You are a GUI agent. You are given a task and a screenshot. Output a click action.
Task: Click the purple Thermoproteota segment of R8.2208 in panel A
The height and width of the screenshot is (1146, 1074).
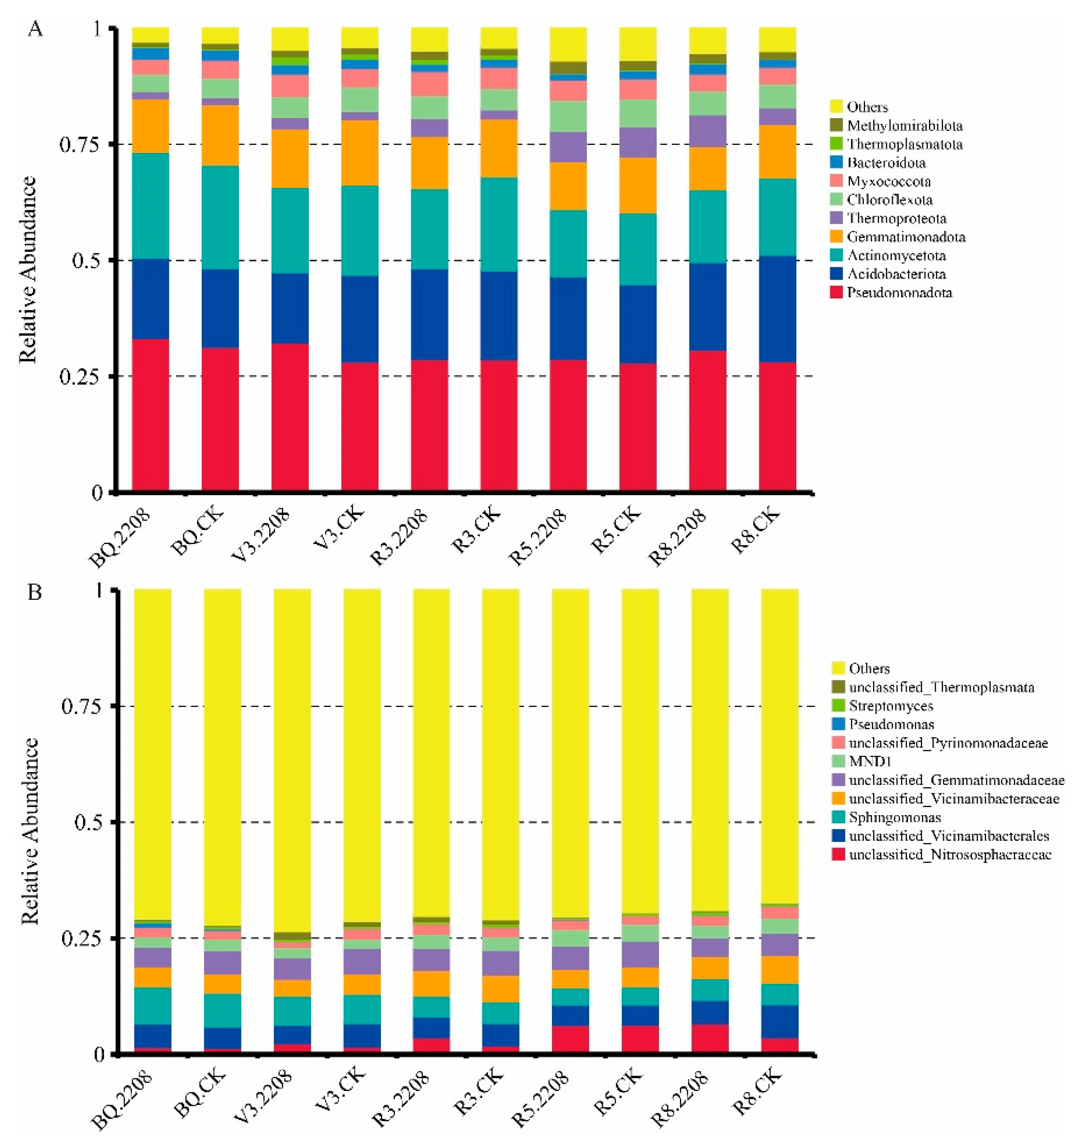pyautogui.click(x=707, y=131)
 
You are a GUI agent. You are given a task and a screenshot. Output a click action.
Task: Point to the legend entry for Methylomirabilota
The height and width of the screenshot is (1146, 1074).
pyautogui.click(x=904, y=126)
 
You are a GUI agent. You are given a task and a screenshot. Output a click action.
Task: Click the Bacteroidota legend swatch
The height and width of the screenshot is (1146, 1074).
pyautogui.click(x=836, y=162)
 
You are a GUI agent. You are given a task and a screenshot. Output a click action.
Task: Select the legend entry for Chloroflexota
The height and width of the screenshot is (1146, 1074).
pyautogui.click(x=889, y=200)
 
